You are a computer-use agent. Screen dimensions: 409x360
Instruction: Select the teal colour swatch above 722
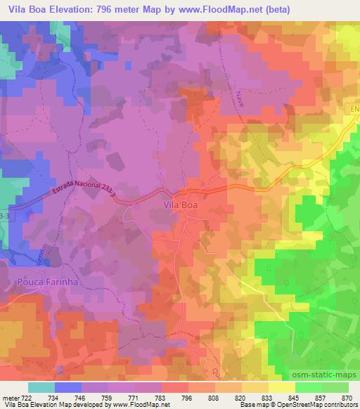tap(41, 387)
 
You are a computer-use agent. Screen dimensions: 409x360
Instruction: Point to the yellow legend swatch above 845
tap(281, 387)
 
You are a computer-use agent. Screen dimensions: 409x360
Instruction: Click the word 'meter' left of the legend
tap(10, 397)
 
